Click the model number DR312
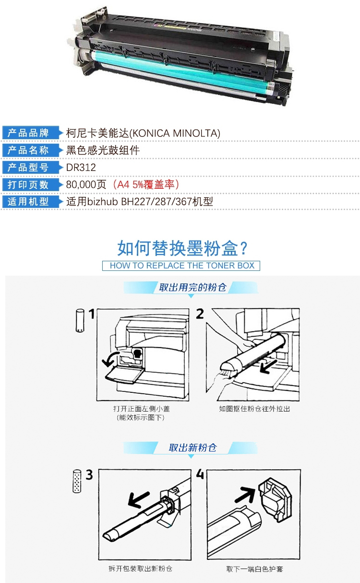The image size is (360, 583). (x=81, y=167)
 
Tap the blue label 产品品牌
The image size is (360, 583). (x=28, y=133)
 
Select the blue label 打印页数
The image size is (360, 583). (x=28, y=184)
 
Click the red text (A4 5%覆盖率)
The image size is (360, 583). (x=145, y=184)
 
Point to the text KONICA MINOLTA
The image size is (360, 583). (x=175, y=133)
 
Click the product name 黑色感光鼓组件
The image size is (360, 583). (x=103, y=150)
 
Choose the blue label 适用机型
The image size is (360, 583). (x=28, y=201)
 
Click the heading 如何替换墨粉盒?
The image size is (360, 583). (x=182, y=248)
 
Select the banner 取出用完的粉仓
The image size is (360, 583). (x=192, y=287)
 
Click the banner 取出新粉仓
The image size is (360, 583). (x=192, y=448)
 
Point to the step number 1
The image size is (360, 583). (x=92, y=314)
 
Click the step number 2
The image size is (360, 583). (x=200, y=314)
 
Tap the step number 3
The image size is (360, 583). (x=89, y=475)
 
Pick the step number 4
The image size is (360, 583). (x=200, y=474)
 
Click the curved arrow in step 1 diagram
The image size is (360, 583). (x=110, y=358)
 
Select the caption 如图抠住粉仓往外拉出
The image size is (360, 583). (x=254, y=409)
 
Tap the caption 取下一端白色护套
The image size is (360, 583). (x=255, y=569)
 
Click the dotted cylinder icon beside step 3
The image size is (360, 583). (x=77, y=481)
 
